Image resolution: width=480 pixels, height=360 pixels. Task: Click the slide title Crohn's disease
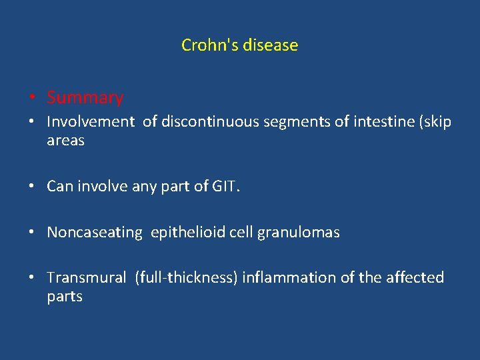point(239,45)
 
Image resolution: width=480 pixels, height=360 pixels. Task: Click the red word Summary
point(85,98)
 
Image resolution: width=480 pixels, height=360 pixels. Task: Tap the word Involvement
point(91,123)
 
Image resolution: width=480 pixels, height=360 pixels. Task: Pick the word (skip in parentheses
point(433,123)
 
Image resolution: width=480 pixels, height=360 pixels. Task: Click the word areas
point(65,141)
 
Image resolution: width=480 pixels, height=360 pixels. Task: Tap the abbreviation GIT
point(225,187)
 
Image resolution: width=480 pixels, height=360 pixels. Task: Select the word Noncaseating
point(95,233)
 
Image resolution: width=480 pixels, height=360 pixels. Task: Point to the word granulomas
point(301,233)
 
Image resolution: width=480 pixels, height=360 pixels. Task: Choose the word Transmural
point(86,278)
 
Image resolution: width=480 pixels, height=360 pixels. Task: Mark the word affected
point(415,278)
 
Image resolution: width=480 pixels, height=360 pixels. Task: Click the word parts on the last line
point(65,297)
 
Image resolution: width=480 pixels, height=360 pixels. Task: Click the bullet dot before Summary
point(32,99)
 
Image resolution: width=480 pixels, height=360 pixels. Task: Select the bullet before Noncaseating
point(32,233)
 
